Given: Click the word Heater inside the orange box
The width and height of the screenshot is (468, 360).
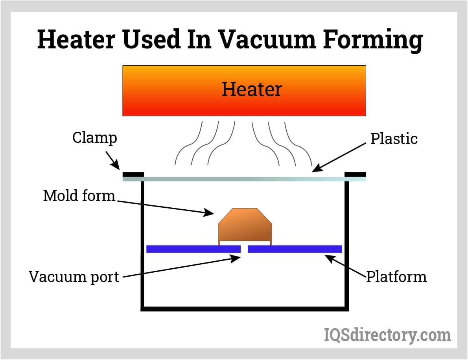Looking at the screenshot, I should click(252, 89).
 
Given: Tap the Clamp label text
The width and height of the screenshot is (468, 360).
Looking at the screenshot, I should click(94, 138).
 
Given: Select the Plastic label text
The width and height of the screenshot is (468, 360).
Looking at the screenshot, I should click(394, 138).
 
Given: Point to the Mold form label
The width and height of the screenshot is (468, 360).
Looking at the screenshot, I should click(79, 196).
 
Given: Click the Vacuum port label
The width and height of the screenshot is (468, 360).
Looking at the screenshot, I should click(74, 277).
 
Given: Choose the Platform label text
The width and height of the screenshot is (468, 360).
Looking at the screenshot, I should click(396, 277).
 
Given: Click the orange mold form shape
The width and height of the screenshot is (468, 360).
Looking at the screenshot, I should click(245, 226).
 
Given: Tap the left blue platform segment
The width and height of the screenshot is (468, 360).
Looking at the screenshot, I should click(193, 249).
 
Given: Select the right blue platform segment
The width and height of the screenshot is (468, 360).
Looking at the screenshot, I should click(295, 249).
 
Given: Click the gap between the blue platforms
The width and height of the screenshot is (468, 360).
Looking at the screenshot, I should click(244, 249).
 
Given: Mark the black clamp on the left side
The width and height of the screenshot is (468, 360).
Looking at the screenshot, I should click(133, 174).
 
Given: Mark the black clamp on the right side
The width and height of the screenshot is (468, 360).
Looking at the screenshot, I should click(356, 174).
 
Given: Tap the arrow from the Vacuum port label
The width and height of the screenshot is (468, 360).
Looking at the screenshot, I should click(181, 267).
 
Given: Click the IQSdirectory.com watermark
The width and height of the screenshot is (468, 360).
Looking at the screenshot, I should click(387, 335).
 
